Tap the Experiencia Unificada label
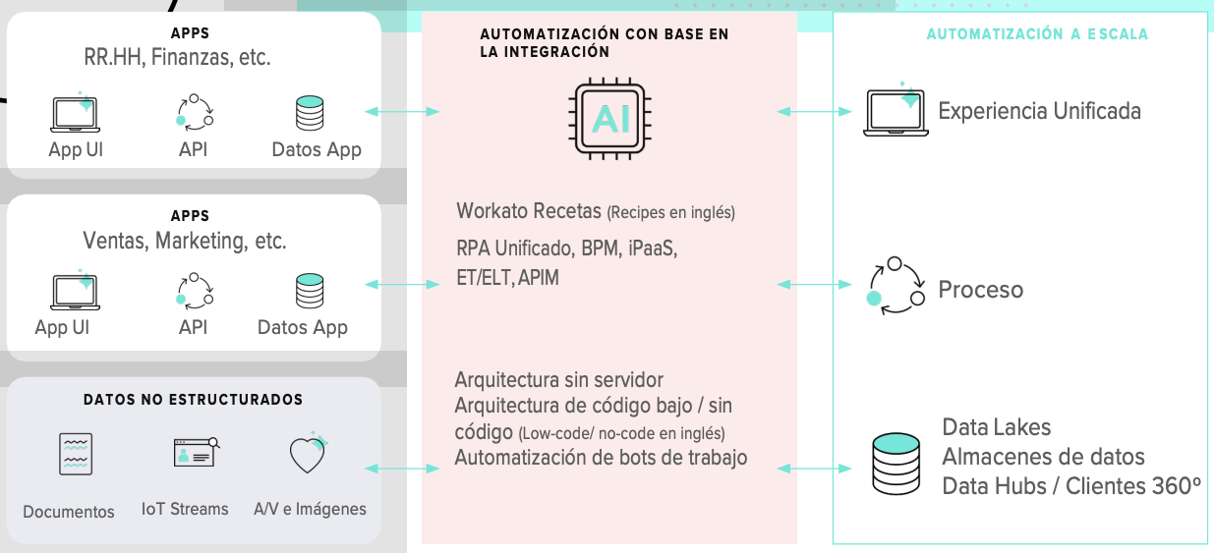(1039, 110)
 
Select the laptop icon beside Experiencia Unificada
(896, 111)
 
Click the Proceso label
(980, 290)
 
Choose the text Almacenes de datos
(1043, 457)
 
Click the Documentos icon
(76, 455)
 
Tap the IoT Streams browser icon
(195, 452)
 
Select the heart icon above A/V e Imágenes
(308, 454)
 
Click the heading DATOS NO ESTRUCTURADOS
(193, 400)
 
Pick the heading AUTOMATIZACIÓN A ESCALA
(1037, 34)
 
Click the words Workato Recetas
(529, 211)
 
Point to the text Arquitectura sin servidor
(559, 380)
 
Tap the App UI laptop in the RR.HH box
(76, 113)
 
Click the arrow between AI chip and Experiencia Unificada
(815, 112)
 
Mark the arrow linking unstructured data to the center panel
(402, 469)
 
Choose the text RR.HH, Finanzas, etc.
(177, 58)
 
